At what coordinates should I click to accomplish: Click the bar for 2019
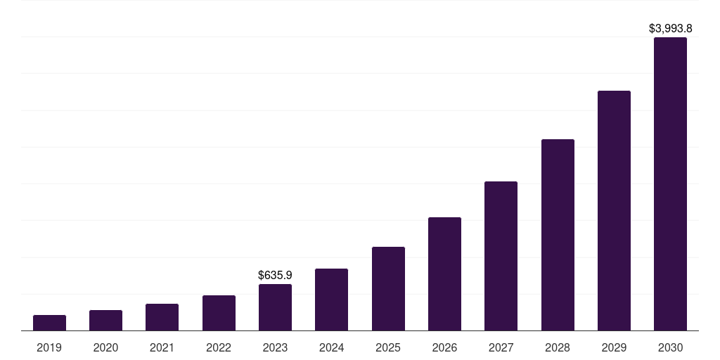tap(49, 323)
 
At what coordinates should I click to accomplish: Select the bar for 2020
tap(105, 320)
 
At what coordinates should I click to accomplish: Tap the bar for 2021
tap(162, 317)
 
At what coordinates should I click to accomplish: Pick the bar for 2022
tap(219, 313)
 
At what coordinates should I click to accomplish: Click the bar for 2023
tap(275, 307)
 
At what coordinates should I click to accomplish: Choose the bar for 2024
tap(331, 300)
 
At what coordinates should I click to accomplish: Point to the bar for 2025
tap(388, 288)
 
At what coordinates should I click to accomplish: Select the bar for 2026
tap(444, 274)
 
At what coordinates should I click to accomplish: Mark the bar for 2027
tap(501, 256)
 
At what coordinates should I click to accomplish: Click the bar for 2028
tap(558, 235)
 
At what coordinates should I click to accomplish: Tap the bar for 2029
tap(614, 210)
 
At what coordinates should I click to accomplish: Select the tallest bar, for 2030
tap(670, 184)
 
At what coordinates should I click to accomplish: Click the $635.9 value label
tap(275, 275)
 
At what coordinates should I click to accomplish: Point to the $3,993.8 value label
tap(670, 29)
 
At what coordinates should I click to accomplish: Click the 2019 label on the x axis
tap(49, 347)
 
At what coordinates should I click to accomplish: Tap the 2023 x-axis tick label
tap(275, 347)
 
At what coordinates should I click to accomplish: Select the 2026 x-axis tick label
tap(444, 347)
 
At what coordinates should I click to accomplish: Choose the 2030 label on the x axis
tap(670, 347)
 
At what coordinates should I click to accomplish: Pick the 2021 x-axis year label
tap(162, 347)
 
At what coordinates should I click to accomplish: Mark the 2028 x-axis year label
tap(558, 347)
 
